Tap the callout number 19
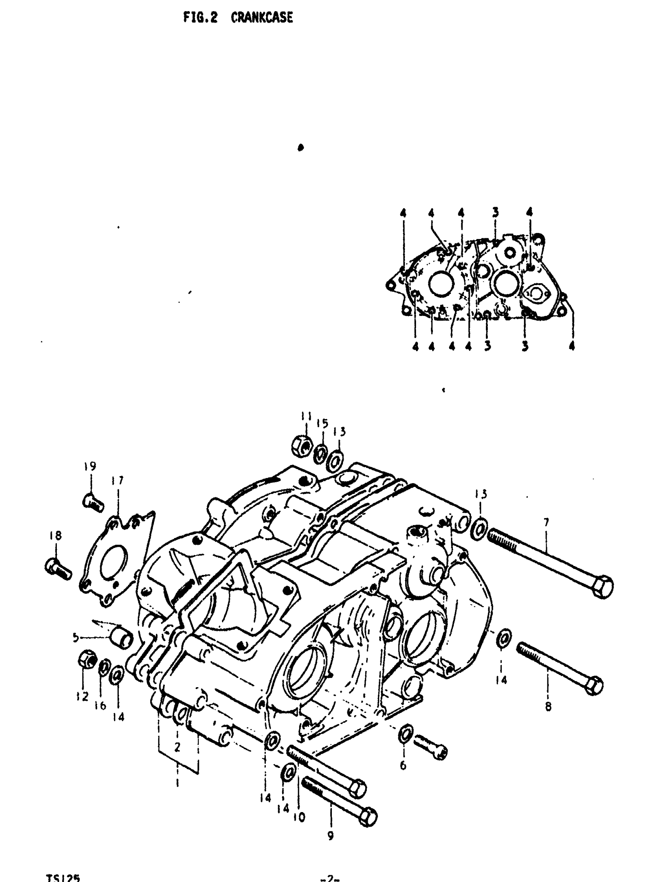tap(90, 466)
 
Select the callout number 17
tap(118, 480)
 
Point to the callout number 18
tap(56, 536)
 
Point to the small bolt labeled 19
tap(94, 503)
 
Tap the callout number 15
tap(323, 424)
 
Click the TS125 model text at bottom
tap(63, 877)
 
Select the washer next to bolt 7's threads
tap(479, 527)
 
